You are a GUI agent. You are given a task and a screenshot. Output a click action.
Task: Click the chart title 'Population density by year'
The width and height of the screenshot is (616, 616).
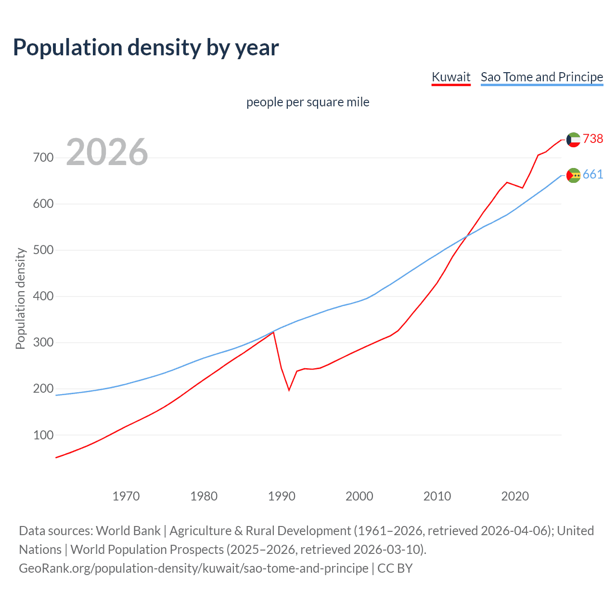[x=146, y=48]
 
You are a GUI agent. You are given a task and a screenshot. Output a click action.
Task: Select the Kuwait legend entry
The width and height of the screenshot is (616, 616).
[x=451, y=77]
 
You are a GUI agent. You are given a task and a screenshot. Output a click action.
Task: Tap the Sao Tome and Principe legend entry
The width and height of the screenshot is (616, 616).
[x=542, y=77]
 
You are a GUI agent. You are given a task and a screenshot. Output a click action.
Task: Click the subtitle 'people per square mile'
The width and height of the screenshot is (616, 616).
[x=308, y=102]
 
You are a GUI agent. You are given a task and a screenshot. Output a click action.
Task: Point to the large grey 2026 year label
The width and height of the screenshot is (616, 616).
[x=107, y=152]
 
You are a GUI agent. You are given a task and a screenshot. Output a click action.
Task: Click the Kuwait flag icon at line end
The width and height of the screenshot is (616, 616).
[x=573, y=140]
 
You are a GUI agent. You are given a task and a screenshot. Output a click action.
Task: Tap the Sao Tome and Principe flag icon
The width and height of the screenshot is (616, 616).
[x=574, y=175]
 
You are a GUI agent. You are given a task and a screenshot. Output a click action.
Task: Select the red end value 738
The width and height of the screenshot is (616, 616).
[x=593, y=139]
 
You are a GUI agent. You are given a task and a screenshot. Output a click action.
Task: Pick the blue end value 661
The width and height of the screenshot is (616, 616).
[x=593, y=174]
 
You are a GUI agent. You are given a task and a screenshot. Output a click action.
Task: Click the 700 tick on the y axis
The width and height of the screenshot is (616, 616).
[x=43, y=158]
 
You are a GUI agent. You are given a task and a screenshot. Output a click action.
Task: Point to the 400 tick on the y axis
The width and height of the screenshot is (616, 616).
[x=43, y=296]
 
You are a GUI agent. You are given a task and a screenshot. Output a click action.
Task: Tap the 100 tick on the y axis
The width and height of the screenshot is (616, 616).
[x=43, y=435]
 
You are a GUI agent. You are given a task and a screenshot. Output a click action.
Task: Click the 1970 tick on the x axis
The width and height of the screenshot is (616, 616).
[x=126, y=496]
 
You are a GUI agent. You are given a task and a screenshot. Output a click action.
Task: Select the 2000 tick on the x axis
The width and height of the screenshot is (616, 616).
[x=359, y=496]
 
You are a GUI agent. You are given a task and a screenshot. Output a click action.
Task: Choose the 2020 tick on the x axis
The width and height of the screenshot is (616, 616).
[x=515, y=496]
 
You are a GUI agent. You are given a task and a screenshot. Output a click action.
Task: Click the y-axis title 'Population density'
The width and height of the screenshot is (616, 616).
[x=20, y=298]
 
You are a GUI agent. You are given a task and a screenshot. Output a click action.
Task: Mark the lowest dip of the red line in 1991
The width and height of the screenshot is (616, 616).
[x=289, y=390]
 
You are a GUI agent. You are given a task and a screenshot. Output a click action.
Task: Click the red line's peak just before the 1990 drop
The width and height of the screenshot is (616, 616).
[x=273, y=333]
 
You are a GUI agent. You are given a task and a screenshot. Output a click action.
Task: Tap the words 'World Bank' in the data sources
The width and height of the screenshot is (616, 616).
[x=128, y=531]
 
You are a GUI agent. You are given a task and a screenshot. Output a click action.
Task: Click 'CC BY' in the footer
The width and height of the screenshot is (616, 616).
[x=395, y=568]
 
